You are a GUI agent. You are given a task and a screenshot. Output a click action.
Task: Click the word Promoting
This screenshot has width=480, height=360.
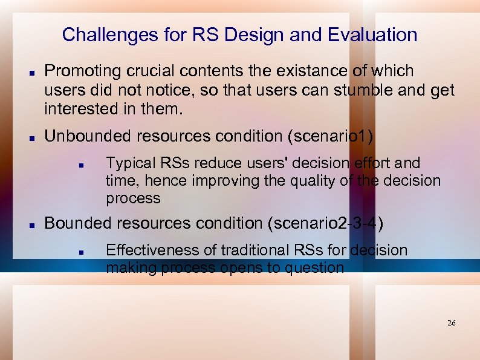[x=83, y=71]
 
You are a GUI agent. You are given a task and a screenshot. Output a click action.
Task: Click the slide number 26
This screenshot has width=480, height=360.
[x=451, y=323]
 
